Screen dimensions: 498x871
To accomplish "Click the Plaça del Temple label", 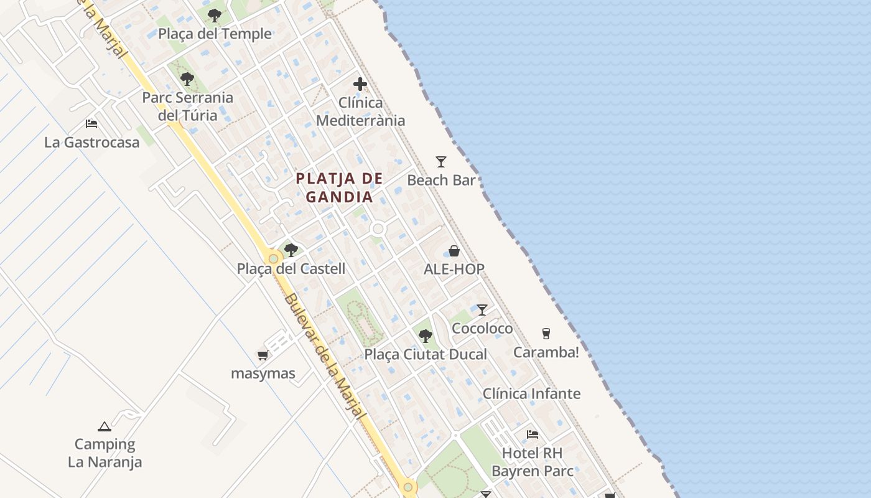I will [x=215, y=34].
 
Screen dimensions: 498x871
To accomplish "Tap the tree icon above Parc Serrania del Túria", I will [x=187, y=79].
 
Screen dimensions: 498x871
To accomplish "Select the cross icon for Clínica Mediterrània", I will [x=360, y=84].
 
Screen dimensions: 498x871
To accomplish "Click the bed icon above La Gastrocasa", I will [x=91, y=123].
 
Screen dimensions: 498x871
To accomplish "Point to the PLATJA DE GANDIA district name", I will [x=339, y=187].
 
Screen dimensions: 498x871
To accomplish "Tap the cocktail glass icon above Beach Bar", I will [x=441, y=162].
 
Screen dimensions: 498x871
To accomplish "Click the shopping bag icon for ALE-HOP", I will [x=454, y=251].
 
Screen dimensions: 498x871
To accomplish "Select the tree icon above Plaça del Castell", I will [x=291, y=250].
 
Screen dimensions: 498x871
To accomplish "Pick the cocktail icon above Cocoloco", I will [x=482, y=309].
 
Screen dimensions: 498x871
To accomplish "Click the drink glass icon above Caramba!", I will [x=546, y=334].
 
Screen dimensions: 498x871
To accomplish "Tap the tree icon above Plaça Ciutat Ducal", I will [x=426, y=336].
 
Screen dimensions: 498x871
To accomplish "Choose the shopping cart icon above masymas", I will [x=263, y=355].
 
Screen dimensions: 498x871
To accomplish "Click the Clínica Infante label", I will [x=532, y=393].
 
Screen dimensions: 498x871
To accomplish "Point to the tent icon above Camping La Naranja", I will [x=105, y=426].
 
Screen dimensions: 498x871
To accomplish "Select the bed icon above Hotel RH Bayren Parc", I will [x=533, y=434].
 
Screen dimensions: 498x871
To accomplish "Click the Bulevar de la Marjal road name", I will [x=324, y=358].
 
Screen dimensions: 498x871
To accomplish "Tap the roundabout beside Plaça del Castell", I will [x=273, y=258].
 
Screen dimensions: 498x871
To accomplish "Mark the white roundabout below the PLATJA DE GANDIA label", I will [x=378, y=229].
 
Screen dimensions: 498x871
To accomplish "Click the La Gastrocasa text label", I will [x=92, y=142].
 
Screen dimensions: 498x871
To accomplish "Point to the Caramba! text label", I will [x=546, y=352].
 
